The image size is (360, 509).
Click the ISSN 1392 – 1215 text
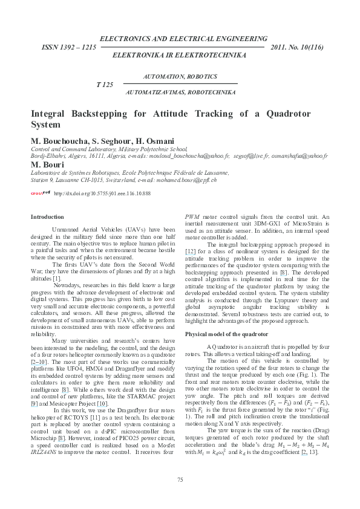[68, 46]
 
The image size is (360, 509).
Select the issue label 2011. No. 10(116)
[298, 46]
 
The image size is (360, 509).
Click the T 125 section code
[105, 85]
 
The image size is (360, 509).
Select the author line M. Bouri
[48, 164]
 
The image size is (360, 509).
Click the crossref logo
[41, 193]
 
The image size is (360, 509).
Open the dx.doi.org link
[102, 193]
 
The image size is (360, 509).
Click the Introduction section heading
[47, 216]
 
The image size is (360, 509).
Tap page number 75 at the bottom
[180, 479]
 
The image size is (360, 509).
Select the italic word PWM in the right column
[192, 216]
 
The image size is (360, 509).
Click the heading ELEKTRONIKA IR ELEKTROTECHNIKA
[180, 55]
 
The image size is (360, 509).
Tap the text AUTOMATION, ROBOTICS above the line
[180, 77]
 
